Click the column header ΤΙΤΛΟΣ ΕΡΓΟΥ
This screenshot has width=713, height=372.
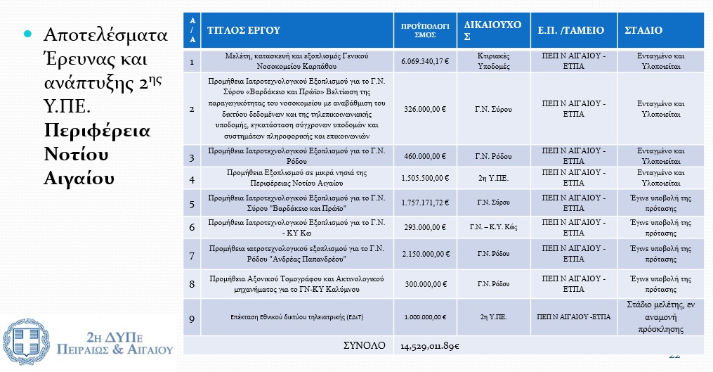(x=243, y=30)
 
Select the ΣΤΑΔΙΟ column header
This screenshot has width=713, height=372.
(x=643, y=30)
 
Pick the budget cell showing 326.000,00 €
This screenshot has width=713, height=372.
(x=425, y=109)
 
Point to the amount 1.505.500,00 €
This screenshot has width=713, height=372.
(x=425, y=178)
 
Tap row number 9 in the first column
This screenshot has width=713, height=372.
(x=192, y=318)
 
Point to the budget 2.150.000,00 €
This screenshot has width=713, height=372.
(x=425, y=254)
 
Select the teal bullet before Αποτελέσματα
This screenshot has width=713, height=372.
(x=29, y=34)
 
